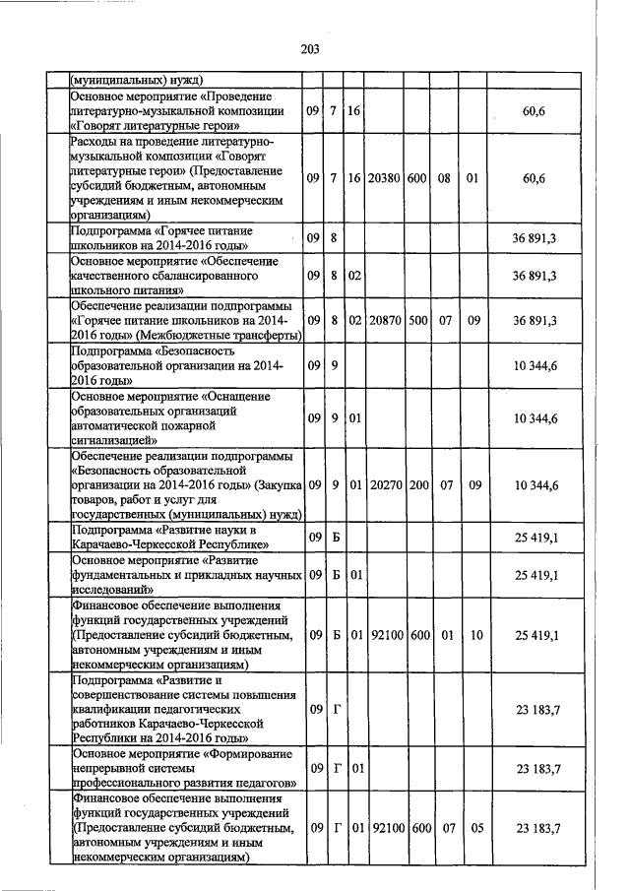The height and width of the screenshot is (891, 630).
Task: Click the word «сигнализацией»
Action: point(110,442)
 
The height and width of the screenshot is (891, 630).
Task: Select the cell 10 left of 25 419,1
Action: point(475,637)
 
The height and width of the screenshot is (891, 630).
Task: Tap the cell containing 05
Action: point(475,829)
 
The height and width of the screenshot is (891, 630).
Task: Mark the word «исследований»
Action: point(112,587)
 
